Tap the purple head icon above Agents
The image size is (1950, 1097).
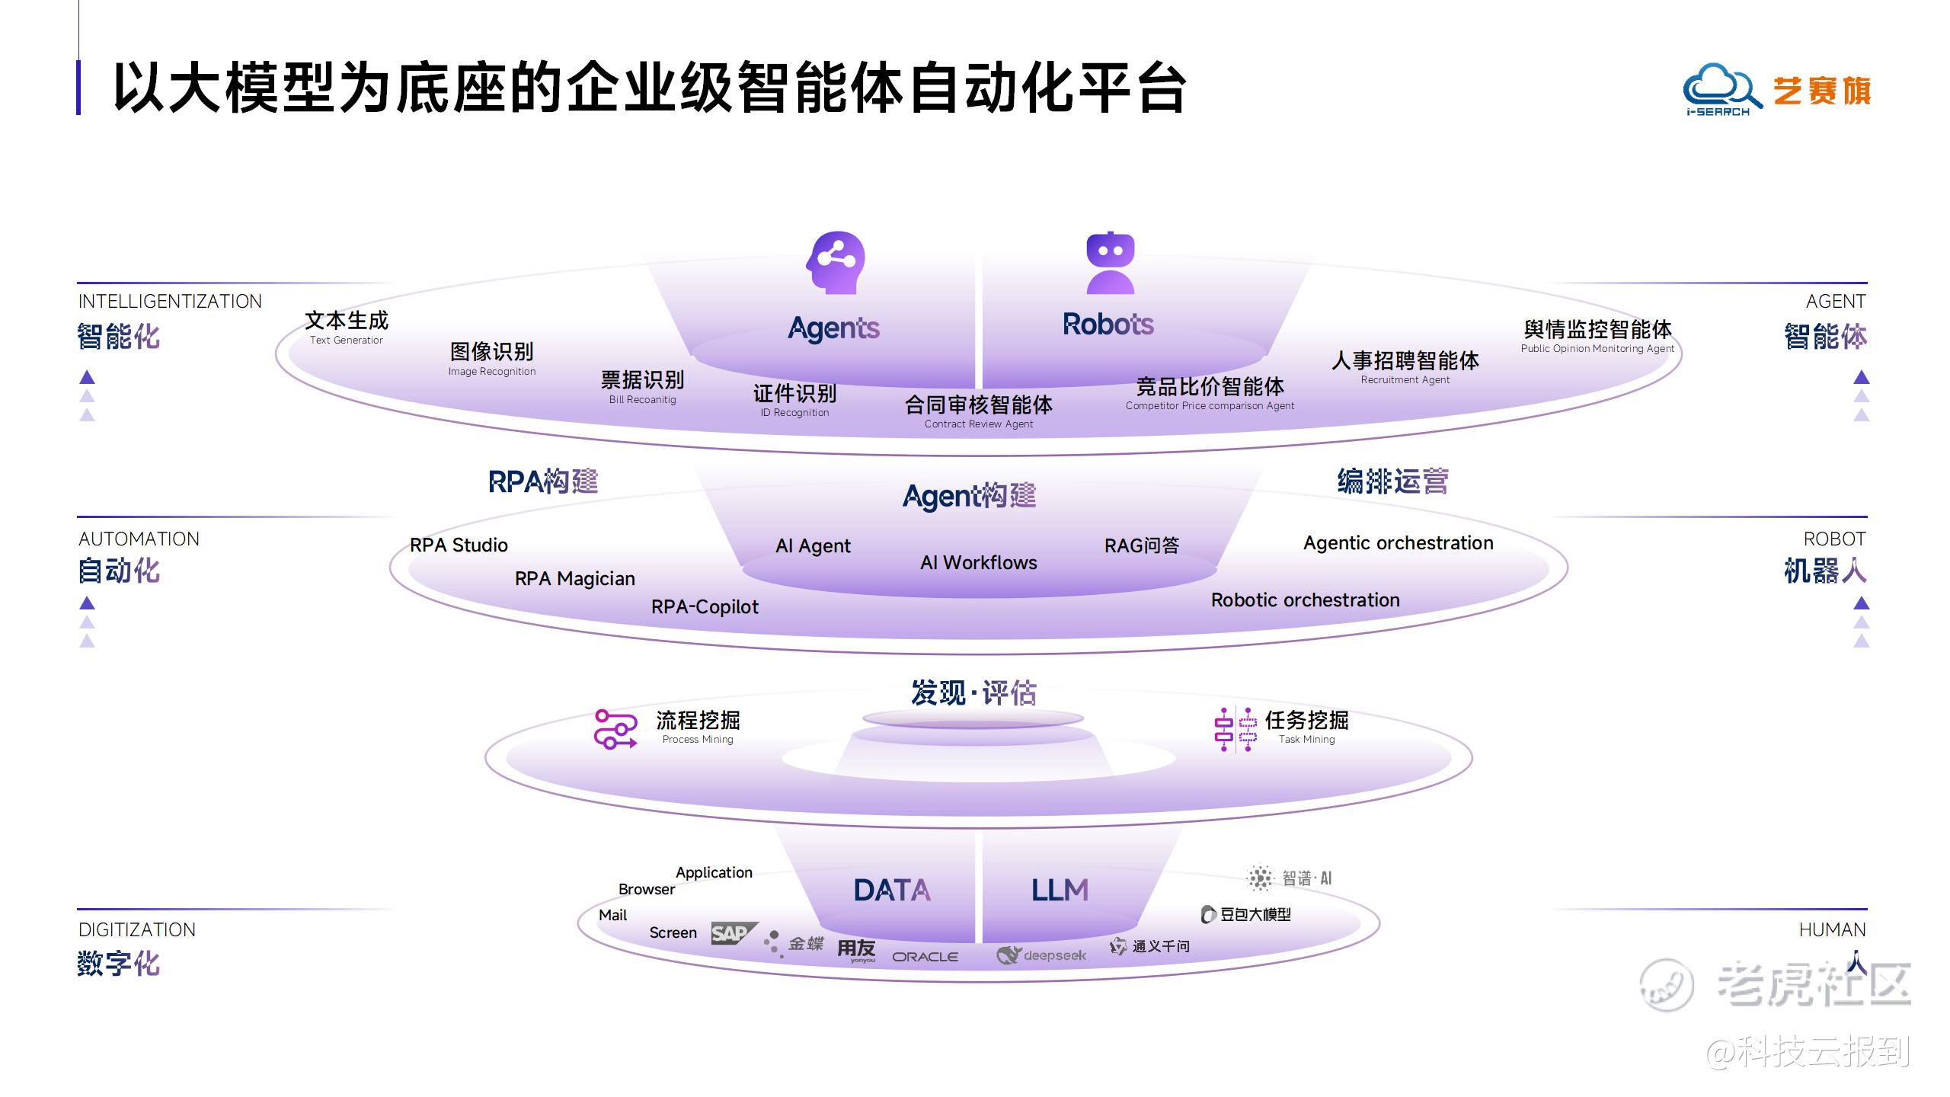(836, 263)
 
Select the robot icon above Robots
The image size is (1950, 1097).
(1110, 263)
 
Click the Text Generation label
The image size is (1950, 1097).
(347, 329)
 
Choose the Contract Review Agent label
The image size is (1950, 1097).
(979, 412)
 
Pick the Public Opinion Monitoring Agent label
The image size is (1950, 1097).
(1597, 337)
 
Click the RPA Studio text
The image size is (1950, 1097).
(459, 545)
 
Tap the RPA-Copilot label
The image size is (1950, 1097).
(705, 606)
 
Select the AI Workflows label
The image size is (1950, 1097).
(979, 562)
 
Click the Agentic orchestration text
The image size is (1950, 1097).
(1399, 543)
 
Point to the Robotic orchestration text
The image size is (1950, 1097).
(1306, 600)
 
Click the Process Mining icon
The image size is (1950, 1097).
(615, 729)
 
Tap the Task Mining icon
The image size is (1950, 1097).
(1236, 730)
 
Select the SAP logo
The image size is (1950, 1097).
(734, 933)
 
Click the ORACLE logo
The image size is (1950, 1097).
(925, 957)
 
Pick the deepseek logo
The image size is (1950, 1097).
(1041, 955)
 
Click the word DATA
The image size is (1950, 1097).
(892, 891)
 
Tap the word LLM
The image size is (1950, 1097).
(1060, 891)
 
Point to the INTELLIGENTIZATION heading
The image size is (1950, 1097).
(170, 302)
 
